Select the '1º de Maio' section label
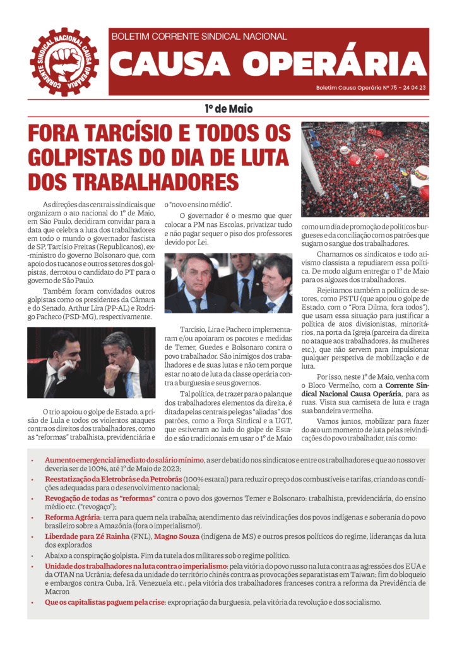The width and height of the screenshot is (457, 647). (228, 109)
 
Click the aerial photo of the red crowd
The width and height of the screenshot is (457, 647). (364, 169)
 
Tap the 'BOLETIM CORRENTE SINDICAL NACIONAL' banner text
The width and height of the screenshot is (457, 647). (199, 37)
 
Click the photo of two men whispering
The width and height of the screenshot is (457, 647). (91, 362)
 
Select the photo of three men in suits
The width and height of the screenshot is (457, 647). (228, 282)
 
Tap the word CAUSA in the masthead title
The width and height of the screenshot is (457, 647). (170, 62)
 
